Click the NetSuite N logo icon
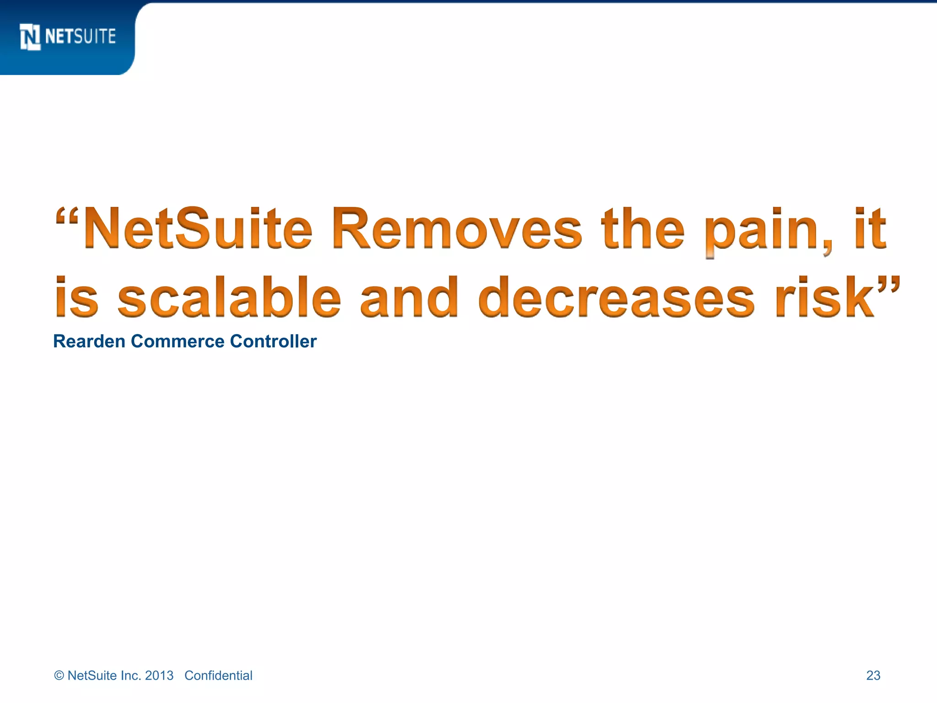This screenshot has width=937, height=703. point(30,37)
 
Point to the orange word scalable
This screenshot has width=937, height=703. point(229,297)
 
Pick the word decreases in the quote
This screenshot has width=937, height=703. point(616,297)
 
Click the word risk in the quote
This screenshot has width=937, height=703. point(824,297)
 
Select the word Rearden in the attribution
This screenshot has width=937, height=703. point(89,341)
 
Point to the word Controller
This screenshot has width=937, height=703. point(273,341)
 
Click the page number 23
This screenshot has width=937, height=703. point(873,676)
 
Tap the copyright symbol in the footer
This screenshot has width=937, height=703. point(59,676)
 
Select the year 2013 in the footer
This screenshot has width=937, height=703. point(159,676)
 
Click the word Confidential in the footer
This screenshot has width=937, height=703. point(218,676)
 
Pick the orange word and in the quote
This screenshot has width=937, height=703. point(409,297)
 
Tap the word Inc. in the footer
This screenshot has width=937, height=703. point(130,676)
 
